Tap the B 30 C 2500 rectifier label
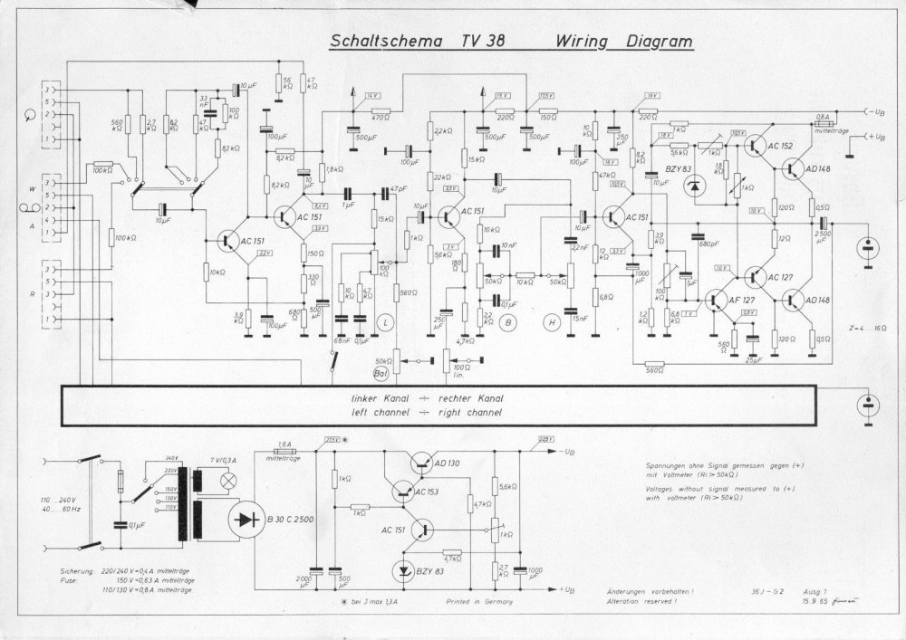tap(290, 519)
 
